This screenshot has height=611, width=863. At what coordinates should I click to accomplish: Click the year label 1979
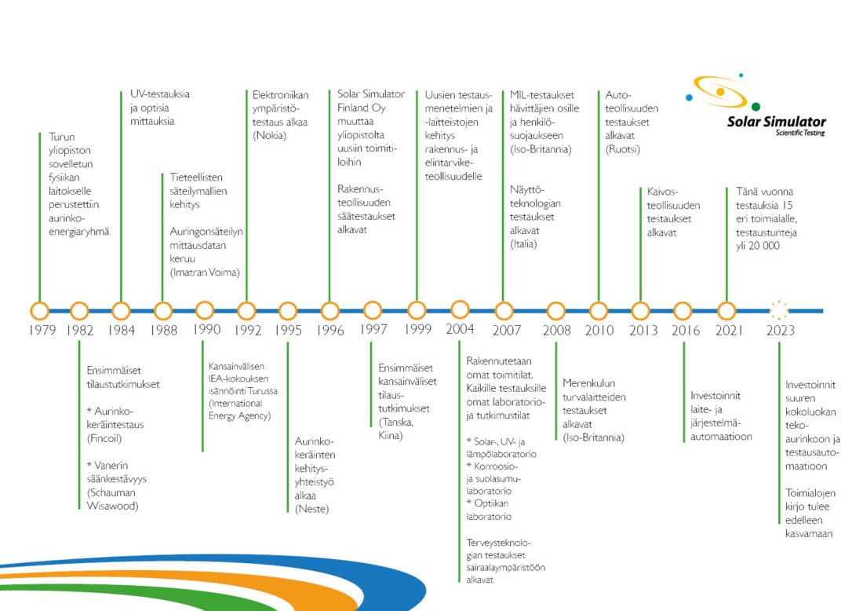click(42, 330)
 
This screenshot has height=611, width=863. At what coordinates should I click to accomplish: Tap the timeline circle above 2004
click(460, 309)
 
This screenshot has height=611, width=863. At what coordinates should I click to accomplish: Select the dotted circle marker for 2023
click(779, 310)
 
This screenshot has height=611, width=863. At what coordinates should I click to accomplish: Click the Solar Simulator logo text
click(776, 121)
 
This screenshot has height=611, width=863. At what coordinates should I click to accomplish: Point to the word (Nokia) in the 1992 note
click(269, 136)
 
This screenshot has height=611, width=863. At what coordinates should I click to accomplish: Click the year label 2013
click(643, 330)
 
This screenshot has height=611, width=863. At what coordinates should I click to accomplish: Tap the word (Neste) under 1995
click(311, 509)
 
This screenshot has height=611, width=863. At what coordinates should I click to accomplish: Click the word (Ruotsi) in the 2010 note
click(622, 149)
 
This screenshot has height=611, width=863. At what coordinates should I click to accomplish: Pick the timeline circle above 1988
click(163, 311)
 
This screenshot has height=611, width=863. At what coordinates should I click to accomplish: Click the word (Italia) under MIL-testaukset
click(523, 244)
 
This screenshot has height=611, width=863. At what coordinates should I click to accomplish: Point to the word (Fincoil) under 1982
click(104, 438)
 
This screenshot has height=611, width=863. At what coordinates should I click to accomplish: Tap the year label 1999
click(417, 329)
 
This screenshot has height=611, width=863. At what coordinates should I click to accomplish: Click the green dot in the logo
click(756, 106)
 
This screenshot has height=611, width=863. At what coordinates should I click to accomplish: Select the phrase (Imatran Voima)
click(205, 273)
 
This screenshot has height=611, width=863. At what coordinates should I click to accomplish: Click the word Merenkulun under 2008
click(589, 383)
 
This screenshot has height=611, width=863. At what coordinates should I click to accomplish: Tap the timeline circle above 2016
click(683, 311)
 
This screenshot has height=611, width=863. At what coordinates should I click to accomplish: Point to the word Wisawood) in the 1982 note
click(112, 506)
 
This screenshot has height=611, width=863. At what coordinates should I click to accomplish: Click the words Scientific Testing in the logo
click(800, 133)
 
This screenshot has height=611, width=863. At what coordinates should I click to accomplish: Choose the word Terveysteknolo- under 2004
click(499, 543)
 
